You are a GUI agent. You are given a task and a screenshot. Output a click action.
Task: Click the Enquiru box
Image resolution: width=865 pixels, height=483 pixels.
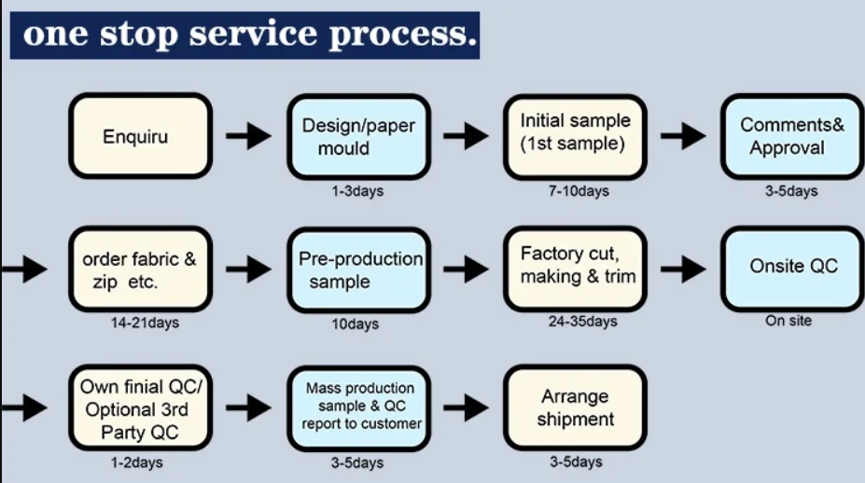[140, 136]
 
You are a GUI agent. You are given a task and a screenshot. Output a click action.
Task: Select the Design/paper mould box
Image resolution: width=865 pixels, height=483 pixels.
[357, 136]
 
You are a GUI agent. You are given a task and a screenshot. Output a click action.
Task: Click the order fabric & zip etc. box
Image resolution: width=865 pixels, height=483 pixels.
[140, 269]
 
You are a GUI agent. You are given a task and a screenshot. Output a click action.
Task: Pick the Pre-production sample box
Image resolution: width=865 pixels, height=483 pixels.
[357, 269]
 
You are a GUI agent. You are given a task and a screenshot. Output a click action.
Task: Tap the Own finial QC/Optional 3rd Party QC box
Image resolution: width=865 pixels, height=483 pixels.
[140, 408]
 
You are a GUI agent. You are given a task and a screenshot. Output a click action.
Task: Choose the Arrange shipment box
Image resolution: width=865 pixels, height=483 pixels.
[575, 408]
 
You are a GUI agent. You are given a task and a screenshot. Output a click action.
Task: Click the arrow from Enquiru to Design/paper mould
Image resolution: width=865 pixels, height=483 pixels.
[248, 136]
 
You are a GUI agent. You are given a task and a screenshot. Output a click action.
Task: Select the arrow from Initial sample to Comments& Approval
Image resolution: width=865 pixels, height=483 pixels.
[683, 136]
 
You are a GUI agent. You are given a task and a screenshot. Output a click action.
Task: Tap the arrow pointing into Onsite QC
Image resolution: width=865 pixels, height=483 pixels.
[683, 269]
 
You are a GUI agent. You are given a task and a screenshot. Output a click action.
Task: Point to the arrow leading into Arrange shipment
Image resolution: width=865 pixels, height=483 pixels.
[466, 407]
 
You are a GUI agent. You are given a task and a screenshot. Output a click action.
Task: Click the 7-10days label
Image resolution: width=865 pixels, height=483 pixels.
[579, 191]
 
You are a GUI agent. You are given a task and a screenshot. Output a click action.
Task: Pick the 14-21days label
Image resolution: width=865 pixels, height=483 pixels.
[144, 323]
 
